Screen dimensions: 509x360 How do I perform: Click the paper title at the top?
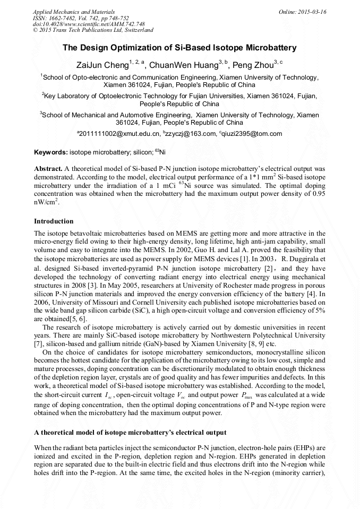[x=179, y=48]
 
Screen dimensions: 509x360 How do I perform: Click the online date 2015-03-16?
[x=311, y=11]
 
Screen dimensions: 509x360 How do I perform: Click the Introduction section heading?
[x=54, y=221]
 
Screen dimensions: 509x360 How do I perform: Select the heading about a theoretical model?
[x=130, y=433]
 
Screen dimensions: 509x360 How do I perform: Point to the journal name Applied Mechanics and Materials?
[x=74, y=11]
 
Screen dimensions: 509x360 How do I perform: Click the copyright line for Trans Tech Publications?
[x=93, y=31]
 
